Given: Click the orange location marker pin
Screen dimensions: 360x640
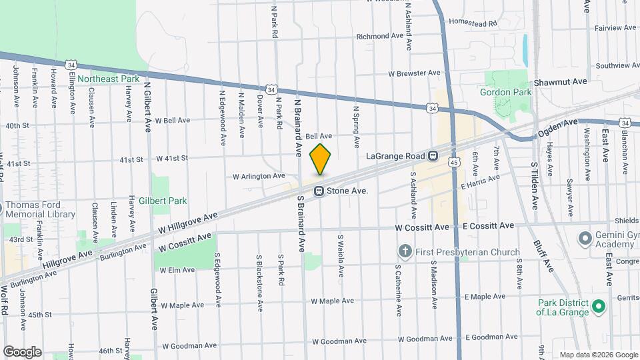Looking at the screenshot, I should pos(321,159).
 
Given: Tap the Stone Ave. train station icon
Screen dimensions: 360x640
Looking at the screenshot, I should pos(319,191).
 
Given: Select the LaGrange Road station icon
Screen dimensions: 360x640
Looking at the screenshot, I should pos(433,156).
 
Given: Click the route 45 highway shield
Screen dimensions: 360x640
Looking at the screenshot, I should pos(453,162).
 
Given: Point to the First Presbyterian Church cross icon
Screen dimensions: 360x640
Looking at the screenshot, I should pos(404,251).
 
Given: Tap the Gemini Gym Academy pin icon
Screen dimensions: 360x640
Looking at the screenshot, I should pos(585,238).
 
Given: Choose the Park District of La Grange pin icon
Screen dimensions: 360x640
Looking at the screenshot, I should pos(598,307).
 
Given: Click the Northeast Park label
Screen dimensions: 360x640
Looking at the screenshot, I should pos(108,79).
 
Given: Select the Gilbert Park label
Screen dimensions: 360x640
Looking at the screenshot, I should pos(168,201).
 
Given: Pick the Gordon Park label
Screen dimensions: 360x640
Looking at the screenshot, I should pos(506,92).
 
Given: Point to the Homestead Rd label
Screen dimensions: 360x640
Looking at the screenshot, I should pos(473,23).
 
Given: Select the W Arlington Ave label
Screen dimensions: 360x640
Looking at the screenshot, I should pos(259,176).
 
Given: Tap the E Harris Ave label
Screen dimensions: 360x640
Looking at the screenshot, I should pos(481,181).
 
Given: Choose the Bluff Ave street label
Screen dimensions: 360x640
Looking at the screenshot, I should pos(543,255).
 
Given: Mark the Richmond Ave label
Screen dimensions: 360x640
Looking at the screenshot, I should pos(381,36).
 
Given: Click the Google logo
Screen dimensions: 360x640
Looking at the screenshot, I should pos(22,352).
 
